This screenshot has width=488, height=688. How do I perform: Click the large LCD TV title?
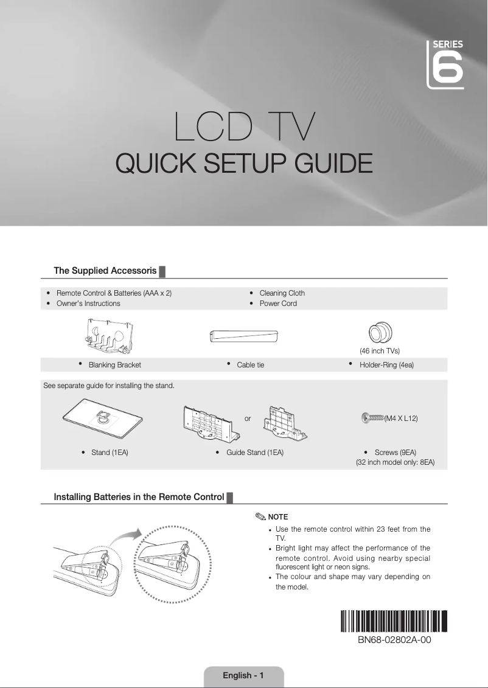click(245, 126)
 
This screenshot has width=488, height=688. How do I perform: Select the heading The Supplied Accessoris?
click(105, 270)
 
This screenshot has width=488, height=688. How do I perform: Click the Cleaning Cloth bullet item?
click(282, 293)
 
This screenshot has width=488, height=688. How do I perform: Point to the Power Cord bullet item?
click(278, 304)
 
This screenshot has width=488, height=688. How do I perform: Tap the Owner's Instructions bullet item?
click(88, 304)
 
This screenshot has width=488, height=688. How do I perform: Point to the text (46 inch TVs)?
click(379, 351)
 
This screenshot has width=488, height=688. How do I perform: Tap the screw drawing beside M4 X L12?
click(372, 418)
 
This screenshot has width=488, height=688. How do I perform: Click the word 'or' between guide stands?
click(248, 419)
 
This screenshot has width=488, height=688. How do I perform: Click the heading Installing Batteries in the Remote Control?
click(139, 497)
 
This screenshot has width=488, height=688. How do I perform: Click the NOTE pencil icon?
click(260, 517)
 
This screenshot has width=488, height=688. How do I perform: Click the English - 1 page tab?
click(243, 675)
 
